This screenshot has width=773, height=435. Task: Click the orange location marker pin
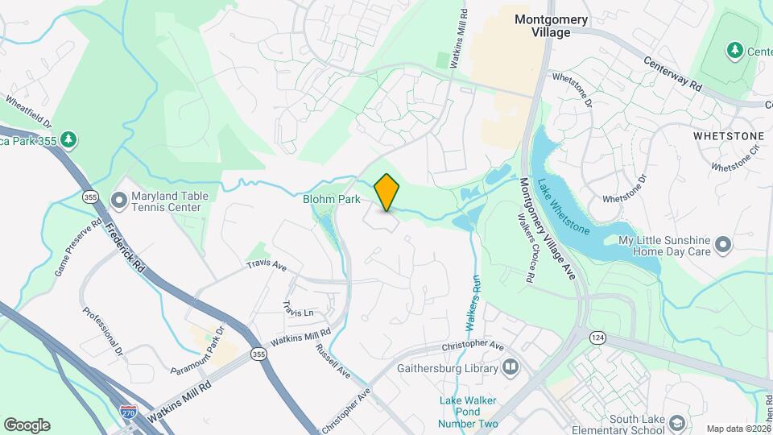[x=387, y=193]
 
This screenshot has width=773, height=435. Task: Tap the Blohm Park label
[x=332, y=199]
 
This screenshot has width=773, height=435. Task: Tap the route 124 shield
[x=597, y=336]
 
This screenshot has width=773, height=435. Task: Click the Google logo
[x=27, y=425]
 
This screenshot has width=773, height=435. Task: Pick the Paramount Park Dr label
[x=200, y=350]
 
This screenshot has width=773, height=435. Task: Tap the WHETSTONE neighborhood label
[x=728, y=136]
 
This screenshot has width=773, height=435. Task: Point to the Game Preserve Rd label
[x=77, y=246]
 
